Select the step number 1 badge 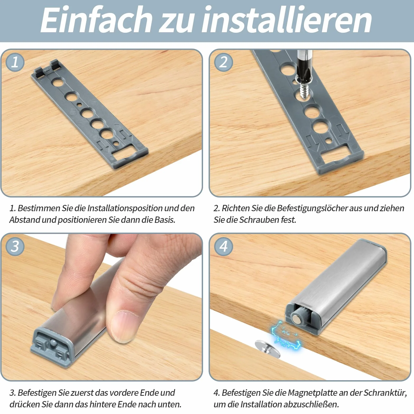(x=15, y=62)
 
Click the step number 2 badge (x=223, y=62)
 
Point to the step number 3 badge (x=15, y=246)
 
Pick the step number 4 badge (x=223, y=246)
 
